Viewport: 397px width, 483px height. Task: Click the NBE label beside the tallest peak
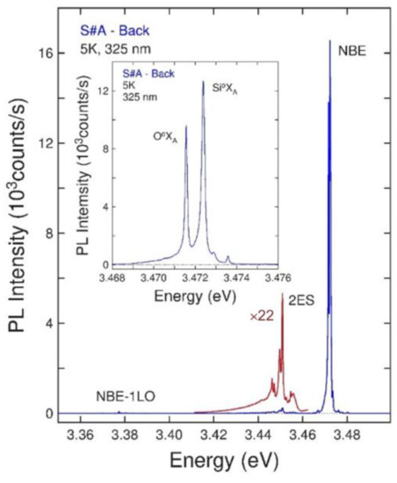pyautogui.click(x=354, y=52)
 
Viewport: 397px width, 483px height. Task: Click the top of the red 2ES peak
pyautogui.click(x=282, y=295)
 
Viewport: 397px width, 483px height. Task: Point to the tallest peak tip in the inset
pyautogui.click(x=204, y=82)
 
